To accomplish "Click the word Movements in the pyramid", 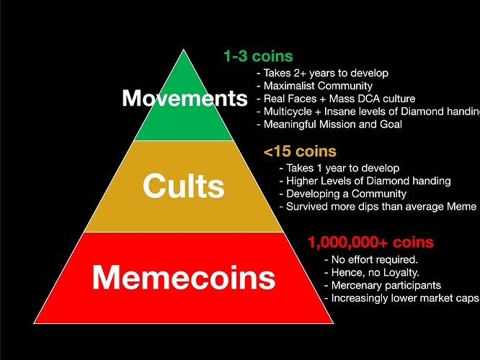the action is [185, 98].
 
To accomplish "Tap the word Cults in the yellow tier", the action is [184, 186].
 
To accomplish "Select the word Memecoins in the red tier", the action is [184, 277].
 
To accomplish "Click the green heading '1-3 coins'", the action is [258, 56].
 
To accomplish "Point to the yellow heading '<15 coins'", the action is [300, 151].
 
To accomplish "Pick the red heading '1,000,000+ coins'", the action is [370, 243].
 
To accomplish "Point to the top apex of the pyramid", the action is [184, 49].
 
